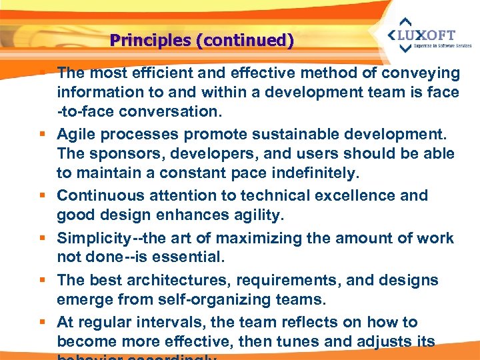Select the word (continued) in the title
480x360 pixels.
click(x=244, y=41)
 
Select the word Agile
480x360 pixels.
click(x=75, y=135)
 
